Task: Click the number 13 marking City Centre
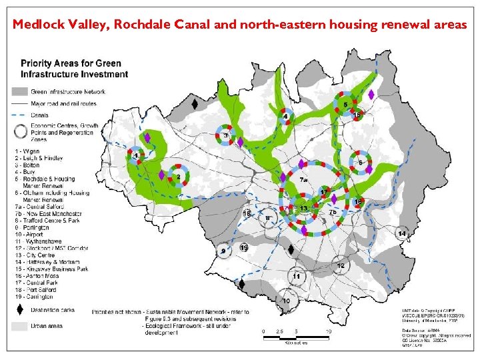[304, 209]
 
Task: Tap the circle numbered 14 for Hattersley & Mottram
[402, 233]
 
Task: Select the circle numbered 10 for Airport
[287, 301]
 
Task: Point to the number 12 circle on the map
[341, 265]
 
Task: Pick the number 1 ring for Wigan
[137, 156]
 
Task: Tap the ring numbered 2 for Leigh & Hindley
[178, 177]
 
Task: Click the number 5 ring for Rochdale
[345, 105]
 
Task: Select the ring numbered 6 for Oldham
[361, 162]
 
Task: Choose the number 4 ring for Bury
[286, 117]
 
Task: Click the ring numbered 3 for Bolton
[226, 136]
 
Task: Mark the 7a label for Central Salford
[303, 180]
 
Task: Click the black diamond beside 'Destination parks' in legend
[20, 311]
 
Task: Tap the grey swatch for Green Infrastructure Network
[20, 91]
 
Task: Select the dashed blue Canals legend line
[20, 115]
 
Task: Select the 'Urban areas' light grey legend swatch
[20, 327]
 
